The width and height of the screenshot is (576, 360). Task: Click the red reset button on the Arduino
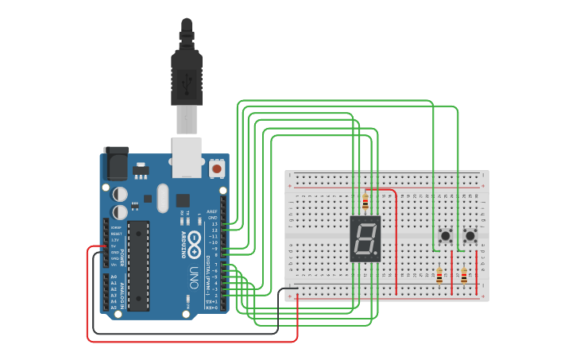[217, 168]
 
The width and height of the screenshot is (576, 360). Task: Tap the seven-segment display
[365, 238]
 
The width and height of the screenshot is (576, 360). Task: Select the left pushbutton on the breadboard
[446, 236]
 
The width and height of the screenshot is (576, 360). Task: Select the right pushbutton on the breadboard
[470, 236]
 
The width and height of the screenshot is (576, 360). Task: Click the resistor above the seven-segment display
[365, 202]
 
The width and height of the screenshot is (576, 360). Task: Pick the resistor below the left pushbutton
[439, 276]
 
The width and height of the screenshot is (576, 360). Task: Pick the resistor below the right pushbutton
[464, 276]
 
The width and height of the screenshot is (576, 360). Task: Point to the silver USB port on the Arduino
[187, 157]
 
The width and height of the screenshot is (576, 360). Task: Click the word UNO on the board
[193, 277]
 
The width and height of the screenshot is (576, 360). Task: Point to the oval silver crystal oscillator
[164, 198]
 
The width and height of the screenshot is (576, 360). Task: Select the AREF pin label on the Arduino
[212, 211]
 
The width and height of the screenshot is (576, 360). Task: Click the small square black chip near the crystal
[184, 200]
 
